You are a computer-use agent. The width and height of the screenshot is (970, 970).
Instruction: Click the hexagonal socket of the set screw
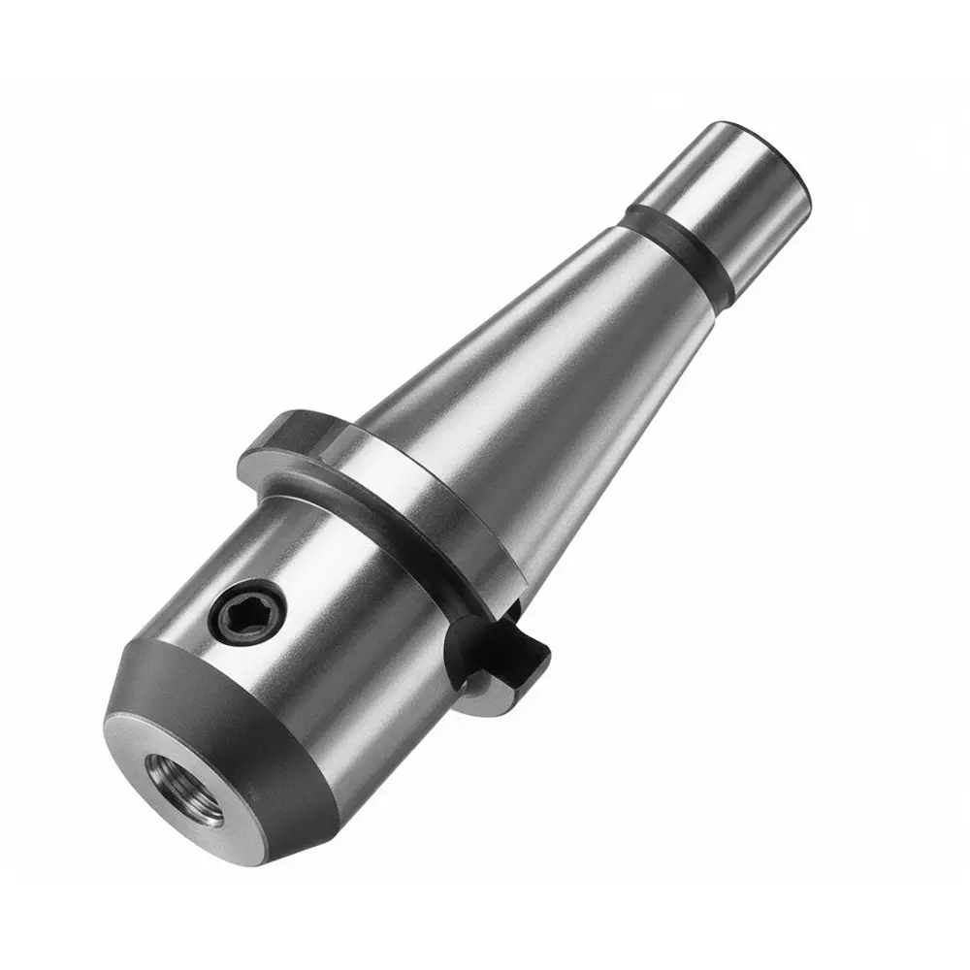tap(243, 610)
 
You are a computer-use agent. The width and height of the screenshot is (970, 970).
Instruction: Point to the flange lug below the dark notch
tap(485, 679)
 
